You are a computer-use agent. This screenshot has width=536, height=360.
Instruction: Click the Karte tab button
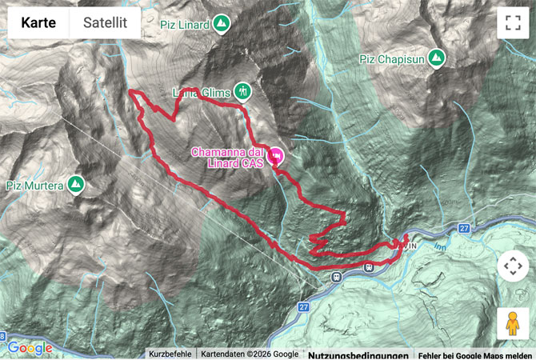click(38, 23)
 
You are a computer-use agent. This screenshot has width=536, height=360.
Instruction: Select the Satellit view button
click(105, 23)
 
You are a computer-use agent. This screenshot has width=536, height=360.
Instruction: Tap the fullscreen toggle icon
click(512, 23)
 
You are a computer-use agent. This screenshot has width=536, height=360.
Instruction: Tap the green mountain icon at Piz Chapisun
click(436, 58)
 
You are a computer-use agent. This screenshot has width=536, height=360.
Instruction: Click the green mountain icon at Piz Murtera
click(76, 185)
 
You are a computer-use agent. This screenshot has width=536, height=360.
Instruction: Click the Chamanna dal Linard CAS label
click(227, 158)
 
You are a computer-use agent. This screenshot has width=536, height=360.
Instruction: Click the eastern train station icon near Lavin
click(368, 267)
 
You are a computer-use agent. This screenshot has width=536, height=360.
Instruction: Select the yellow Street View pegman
click(512, 323)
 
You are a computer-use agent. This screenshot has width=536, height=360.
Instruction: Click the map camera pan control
click(512, 266)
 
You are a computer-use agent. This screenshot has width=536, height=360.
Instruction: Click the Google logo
click(30, 348)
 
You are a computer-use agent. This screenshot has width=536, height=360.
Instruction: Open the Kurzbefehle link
click(170, 354)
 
